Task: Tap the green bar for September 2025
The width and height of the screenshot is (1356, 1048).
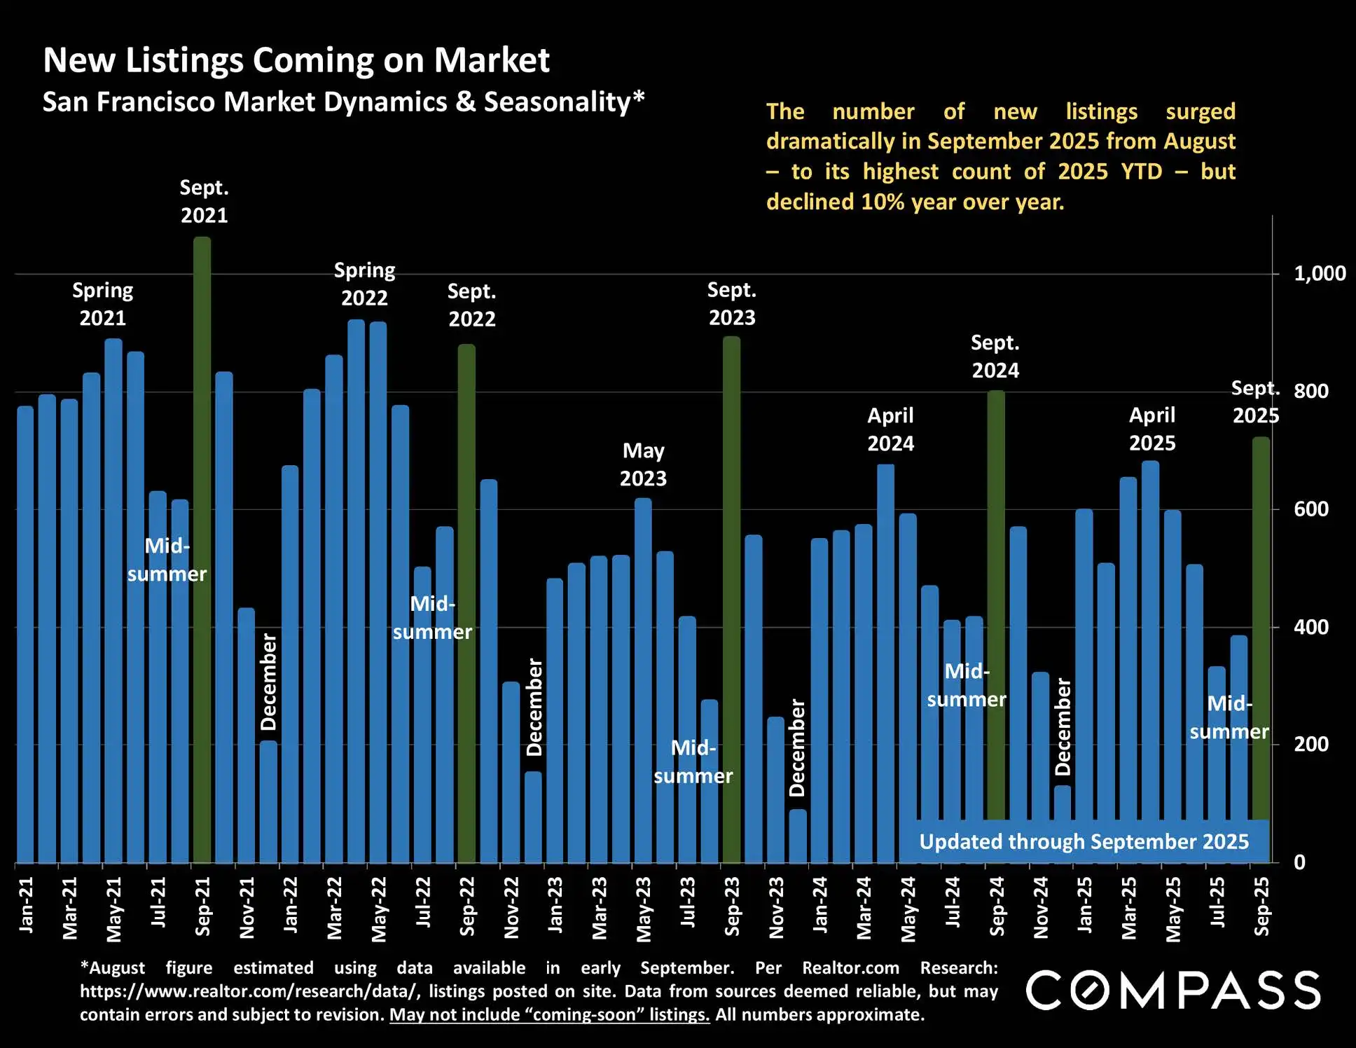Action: pyautogui.click(x=1261, y=630)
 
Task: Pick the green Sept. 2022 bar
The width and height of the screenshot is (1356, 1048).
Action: pyautogui.click(x=466, y=602)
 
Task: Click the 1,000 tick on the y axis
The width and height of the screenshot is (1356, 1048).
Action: pyautogui.click(x=1319, y=274)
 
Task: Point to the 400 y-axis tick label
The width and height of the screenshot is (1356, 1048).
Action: pyautogui.click(x=1311, y=628)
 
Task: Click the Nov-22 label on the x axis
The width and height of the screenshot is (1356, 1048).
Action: pyautogui.click(x=511, y=907)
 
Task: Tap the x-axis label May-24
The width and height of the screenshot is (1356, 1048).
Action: pyautogui.click(x=908, y=909)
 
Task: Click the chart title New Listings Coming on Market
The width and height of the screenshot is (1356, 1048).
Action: pyautogui.click(x=296, y=60)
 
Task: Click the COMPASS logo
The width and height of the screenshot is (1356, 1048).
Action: pyautogui.click(x=1173, y=990)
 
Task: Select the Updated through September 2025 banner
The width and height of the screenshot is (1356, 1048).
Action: pyautogui.click(x=1084, y=841)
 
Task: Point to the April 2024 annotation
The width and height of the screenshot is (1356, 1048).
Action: pyautogui.click(x=890, y=429)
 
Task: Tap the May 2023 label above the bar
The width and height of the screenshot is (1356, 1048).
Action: pyautogui.click(x=643, y=464)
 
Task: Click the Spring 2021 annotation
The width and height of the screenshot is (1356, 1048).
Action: pyautogui.click(x=102, y=304)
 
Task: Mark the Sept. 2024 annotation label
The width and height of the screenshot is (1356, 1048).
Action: pyautogui.click(x=995, y=357)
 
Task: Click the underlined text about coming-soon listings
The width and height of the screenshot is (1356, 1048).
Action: pyautogui.click(x=549, y=1015)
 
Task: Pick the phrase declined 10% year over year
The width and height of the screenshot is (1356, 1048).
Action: pyautogui.click(x=915, y=202)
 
